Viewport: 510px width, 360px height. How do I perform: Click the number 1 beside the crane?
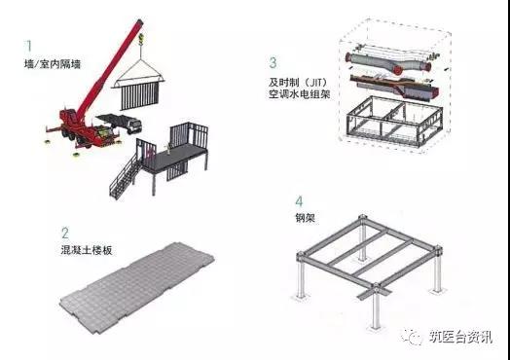(x=29, y=46)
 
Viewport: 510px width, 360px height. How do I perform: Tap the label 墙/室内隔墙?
(x=53, y=64)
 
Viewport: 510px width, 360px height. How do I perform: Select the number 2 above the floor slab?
(x=65, y=234)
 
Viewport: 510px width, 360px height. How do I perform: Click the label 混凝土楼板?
(x=87, y=251)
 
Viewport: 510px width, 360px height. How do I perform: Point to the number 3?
(x=273, y=63)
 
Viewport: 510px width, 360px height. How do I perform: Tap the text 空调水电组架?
(x=299, y=94)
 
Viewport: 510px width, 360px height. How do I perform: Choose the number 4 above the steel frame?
(x=299, y=202)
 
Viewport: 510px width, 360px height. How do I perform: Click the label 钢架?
(x=305, y=218)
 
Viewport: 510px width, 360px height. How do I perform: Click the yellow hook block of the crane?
(x=141, y=39)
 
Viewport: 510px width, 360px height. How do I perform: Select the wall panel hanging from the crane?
(x=140, y=95)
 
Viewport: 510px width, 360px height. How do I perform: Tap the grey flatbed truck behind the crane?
(x=120, y=124)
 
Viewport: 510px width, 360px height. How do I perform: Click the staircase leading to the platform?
(x=126, y=176)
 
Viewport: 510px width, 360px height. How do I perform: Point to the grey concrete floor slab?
(x=137, y=282)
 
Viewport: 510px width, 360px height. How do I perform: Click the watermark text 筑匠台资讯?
(x=459, y=337)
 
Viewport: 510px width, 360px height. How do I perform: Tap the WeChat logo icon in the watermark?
(x=413, y=336)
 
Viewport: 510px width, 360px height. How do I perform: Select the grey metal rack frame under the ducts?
(x=394, y=121)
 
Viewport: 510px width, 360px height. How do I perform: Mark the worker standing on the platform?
(x=168, y=147)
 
